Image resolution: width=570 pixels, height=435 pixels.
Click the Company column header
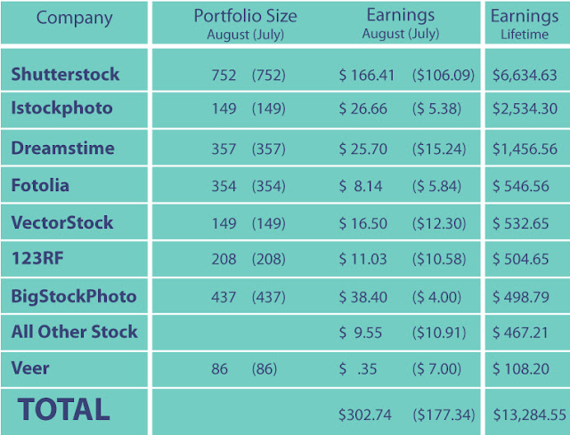[74, 18]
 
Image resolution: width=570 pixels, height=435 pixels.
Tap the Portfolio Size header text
[246, 16]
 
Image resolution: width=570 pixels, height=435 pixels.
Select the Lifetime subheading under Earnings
[525, 35]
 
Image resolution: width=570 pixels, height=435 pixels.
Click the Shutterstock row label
[65, 74]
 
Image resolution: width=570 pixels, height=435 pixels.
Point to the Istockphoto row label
[61, 109]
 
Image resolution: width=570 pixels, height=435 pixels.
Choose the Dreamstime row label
[63, 149]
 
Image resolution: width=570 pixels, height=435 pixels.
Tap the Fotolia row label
[40, 185]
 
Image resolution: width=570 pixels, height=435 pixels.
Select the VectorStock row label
[62, 222]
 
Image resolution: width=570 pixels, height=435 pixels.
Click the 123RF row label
[37, 259]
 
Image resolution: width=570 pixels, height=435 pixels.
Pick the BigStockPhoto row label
[74, 296]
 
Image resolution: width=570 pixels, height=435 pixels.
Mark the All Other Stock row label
[75, 332]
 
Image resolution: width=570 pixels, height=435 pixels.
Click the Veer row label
[30, 368]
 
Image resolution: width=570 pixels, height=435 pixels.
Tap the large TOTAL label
[63, 409]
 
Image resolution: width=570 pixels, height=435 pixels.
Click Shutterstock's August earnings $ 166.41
[366, 75]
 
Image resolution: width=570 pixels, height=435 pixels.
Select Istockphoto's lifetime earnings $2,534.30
[525, 109]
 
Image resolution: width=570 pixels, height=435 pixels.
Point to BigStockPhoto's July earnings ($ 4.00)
[436, 297]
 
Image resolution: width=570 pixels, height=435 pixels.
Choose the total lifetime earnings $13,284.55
[530, 415]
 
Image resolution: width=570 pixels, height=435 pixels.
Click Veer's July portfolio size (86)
[265, 369]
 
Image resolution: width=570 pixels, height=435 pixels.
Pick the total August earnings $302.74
[365, 415]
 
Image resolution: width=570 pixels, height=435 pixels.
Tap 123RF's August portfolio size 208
[224, 259]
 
